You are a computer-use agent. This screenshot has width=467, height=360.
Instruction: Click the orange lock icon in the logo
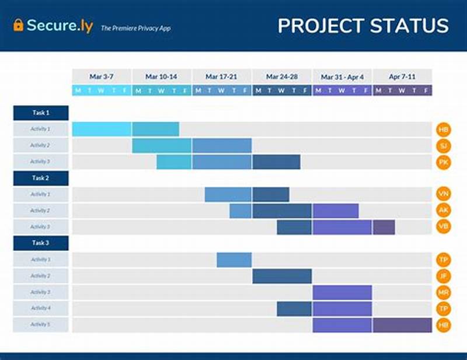[18, 25]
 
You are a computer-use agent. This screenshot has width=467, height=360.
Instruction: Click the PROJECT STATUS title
[363, 26]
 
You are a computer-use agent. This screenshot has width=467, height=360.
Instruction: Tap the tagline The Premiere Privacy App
[135, 27]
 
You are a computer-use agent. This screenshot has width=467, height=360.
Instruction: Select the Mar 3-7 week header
[102, 76]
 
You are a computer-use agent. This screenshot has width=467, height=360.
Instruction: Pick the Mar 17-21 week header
[222, 76]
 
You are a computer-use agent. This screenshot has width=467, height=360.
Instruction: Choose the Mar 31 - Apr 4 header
[342, 76]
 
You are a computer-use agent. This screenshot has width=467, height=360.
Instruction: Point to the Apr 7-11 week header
[402, 76]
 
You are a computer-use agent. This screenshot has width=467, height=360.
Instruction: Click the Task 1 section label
[41, 113]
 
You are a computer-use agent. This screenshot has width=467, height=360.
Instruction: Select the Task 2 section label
[41, 178]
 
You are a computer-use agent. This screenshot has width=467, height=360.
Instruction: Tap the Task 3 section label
[41, 243]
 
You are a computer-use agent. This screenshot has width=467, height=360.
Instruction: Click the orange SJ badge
[443, 145]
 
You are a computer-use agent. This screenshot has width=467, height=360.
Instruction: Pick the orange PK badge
[443, 162]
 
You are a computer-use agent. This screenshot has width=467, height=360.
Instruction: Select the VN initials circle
[443, 194]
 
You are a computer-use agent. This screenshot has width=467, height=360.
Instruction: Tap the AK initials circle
[443, 211]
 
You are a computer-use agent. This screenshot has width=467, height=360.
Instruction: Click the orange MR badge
[443, 292]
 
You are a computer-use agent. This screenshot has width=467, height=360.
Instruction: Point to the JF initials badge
[443, 276]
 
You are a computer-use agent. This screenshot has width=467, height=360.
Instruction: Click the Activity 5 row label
[41, 325]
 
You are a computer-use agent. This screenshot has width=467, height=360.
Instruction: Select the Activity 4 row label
[41, 309]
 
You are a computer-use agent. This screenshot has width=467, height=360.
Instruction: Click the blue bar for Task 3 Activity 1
[234, 260]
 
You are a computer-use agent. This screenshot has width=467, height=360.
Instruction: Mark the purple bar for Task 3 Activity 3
[342, 292]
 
